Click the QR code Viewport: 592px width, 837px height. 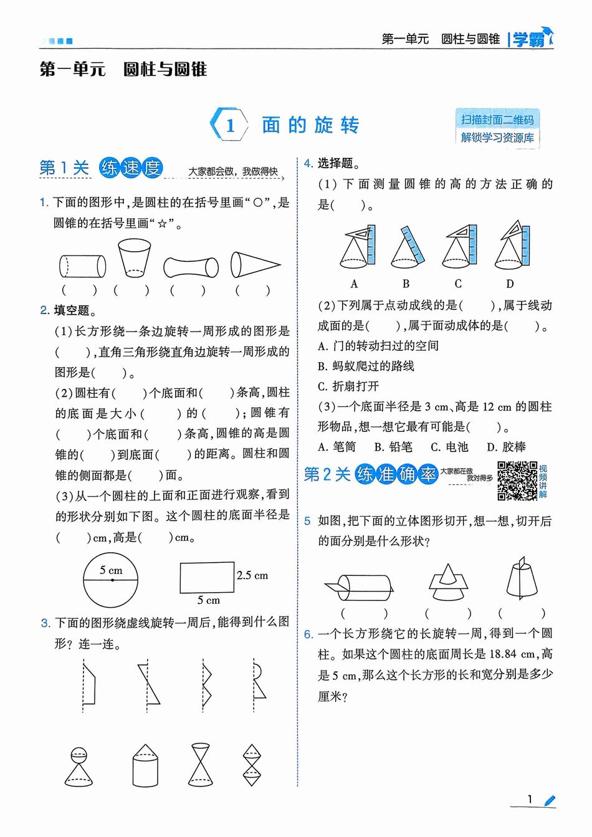pyautogui.click(x=517, y=481)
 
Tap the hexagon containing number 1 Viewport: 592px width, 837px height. pyautogui.click(x=230, y=125)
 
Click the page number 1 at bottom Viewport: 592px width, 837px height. pyautogui.click(x=530, y=800)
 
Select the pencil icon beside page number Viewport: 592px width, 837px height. pyautogui.click(x=549, y=801)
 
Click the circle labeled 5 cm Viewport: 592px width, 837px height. pyautogui.click(x=111, y=580)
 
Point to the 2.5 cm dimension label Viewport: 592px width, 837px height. pyautogui.click(x=252, y=575)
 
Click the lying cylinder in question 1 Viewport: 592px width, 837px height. pyautogui.click(x=82, y=266)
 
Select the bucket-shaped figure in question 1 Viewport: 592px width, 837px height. pyautogui.click(x=134, y=257)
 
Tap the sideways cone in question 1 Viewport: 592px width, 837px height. pyautogui.click(x=254, y=264)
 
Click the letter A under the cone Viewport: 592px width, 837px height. pyautogui.click(x=354, y=284)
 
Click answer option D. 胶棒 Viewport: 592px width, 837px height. pyautogui.click(x=506, y=447)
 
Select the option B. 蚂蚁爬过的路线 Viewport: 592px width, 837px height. pyautogui.click(x=366, y=366)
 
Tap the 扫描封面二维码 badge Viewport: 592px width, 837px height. pyautogui.click(x=497, y=119)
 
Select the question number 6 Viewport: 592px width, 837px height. pyautogui.click(x=308, y=634)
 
